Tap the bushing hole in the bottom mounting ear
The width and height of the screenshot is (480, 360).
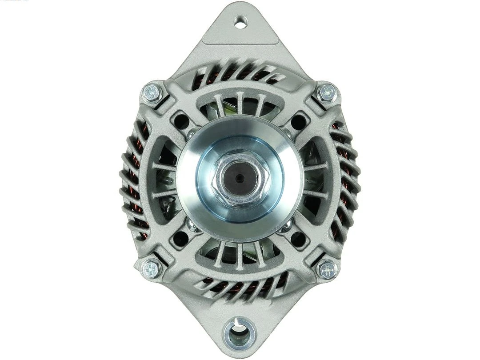coord(240,331)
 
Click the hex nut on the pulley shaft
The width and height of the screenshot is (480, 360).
coord(240,178)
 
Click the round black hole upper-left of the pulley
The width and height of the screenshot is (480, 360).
coord(181,119)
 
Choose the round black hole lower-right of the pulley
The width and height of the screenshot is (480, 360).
coord(298,239)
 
